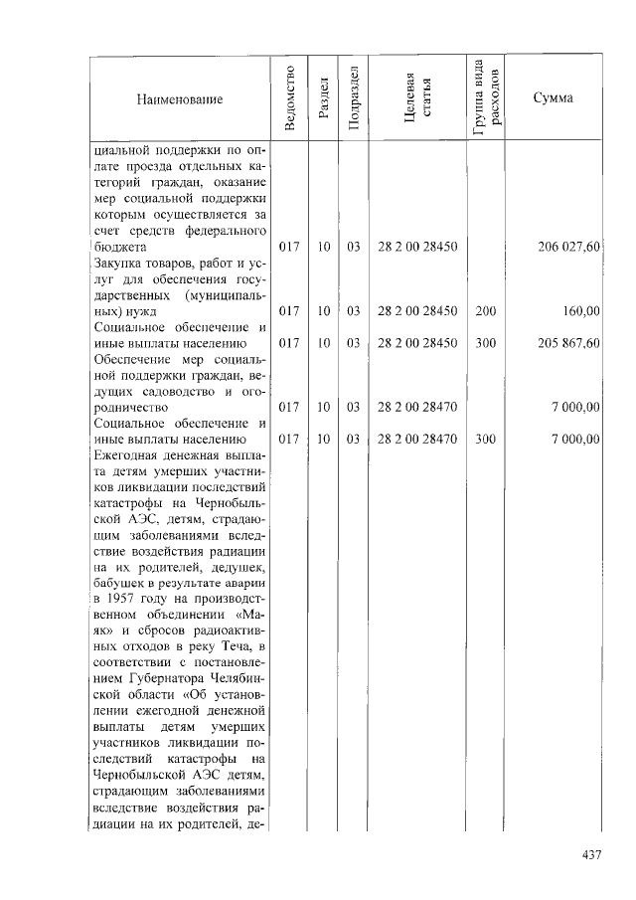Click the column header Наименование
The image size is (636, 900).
point(180,99)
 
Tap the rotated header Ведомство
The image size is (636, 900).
point(289,97)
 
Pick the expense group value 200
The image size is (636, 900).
point(485,311)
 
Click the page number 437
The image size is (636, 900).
point(593,854)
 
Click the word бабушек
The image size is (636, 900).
point(121,584)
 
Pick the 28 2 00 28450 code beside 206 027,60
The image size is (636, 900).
point(417,247)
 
